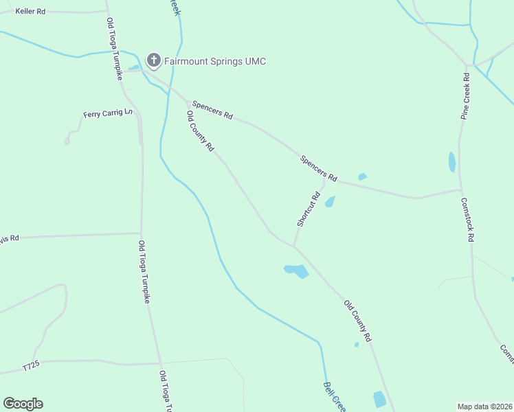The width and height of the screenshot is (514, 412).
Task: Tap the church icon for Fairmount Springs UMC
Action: point(154,61)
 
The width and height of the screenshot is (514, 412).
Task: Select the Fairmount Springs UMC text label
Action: point(214,62)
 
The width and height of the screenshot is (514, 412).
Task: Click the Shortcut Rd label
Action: point(309,209)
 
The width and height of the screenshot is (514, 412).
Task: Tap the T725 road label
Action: point(32,367)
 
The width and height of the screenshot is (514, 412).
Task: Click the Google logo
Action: point(23,404)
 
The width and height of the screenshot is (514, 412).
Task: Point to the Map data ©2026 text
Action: point(485,406)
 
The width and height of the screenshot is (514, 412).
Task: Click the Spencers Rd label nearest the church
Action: point(212,109)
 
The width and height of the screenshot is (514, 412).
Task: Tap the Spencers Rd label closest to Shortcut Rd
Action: point(318,168)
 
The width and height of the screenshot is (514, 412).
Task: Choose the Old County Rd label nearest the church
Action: point(201,131)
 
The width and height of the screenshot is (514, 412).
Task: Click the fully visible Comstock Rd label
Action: point(467,219)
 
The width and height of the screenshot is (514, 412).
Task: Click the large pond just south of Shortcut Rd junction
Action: point(297,271)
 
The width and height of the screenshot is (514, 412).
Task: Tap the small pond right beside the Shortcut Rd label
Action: point(330,202)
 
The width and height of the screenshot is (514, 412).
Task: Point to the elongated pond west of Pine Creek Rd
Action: point(451,162)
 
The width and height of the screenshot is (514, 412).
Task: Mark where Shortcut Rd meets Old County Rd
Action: point(294,246)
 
